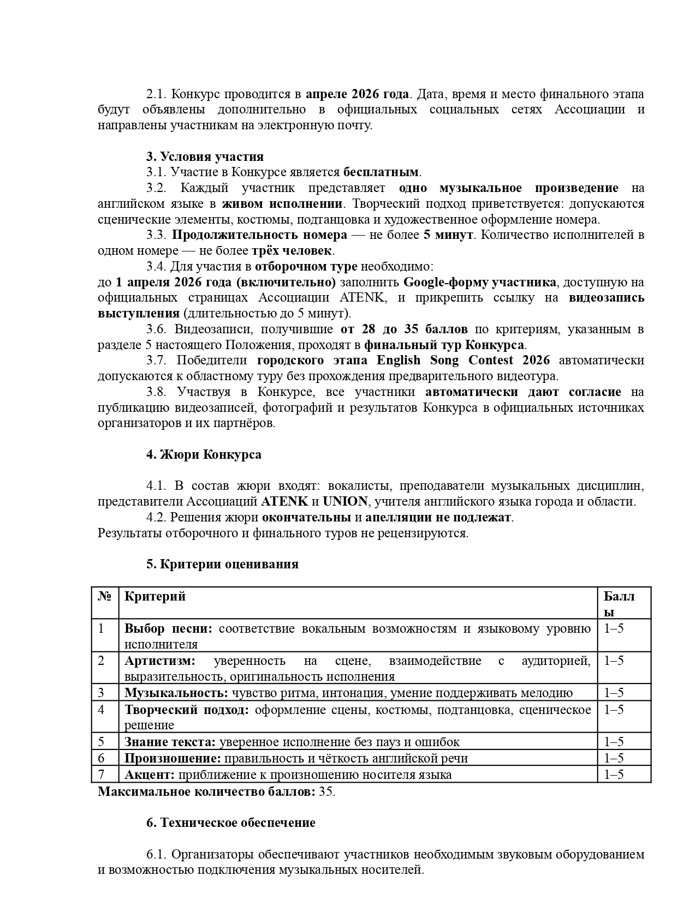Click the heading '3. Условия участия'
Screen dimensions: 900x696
tap(205, 157)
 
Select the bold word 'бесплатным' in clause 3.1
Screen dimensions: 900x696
tap(380, 172)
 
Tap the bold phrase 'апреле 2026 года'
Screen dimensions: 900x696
tap(357, 94)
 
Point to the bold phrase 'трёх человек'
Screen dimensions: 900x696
tap(292, 251)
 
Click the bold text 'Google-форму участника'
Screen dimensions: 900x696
tap(479, 282)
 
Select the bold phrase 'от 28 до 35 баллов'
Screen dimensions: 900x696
tap(404, 329)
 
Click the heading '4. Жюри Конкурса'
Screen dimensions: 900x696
tap(204, 455)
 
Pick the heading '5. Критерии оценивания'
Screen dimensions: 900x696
tap(222, 564)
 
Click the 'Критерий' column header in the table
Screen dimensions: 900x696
tap(155, 596)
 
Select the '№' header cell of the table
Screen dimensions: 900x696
tap(105, 596)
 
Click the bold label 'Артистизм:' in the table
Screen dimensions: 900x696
tap(159, 661)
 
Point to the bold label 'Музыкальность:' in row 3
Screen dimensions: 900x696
tap(176, 693)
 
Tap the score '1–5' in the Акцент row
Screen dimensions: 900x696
tap(614, 775)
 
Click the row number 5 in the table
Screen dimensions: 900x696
tap(101, 742)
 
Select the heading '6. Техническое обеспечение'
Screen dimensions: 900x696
tap(230, 823)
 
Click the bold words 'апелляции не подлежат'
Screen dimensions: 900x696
tap(438, 517)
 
